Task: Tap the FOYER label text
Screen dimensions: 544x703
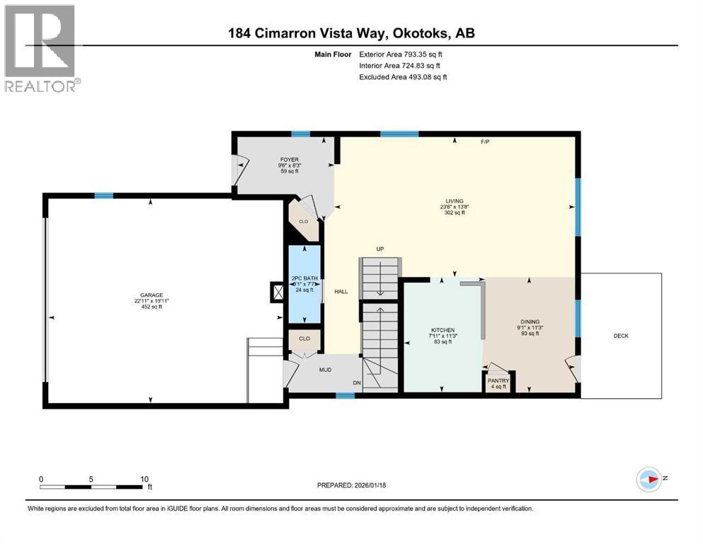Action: pos(288,160)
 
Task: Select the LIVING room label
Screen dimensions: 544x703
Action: pos(454,200)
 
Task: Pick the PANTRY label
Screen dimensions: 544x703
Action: pos(499,381)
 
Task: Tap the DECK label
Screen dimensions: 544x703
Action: pos(621,336)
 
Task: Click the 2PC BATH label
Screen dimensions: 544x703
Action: pos(304,278)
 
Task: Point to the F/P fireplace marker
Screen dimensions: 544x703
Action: pos(485,142)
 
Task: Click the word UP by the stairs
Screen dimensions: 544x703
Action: pos(379,249)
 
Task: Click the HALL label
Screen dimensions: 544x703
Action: pos(341,291)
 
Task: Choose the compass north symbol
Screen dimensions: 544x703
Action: pos(649,479)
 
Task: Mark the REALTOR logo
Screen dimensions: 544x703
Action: pos(41,48)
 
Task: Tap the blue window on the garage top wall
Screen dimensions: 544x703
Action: pos(104,195)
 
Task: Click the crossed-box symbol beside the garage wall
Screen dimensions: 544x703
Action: pos(278,291)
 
